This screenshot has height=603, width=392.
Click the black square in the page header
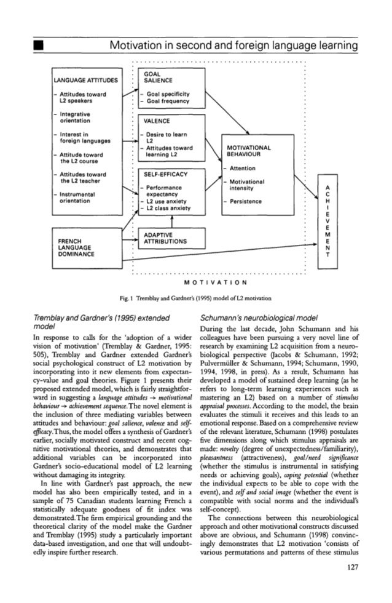(x=39, y=47)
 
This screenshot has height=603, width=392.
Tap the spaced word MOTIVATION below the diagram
(x=218, y=284)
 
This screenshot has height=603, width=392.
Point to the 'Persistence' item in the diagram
(x=246, y=201)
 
